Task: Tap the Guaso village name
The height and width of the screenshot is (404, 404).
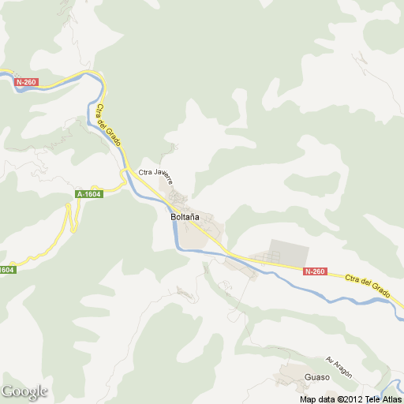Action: [316, 378]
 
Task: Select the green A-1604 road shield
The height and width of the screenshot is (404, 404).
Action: [89, 194]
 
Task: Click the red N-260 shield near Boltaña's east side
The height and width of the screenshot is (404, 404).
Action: [314, 272]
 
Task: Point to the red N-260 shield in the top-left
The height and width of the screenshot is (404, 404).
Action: [26, 82]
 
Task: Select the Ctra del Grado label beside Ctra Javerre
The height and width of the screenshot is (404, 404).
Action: [110, 125]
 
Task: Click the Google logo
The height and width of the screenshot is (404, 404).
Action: [24, 391]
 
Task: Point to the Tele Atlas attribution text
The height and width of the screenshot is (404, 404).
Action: [382, 398]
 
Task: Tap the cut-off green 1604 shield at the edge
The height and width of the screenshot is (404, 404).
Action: [6, 270]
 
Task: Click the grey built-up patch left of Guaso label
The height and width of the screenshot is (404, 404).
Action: [287, 372]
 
